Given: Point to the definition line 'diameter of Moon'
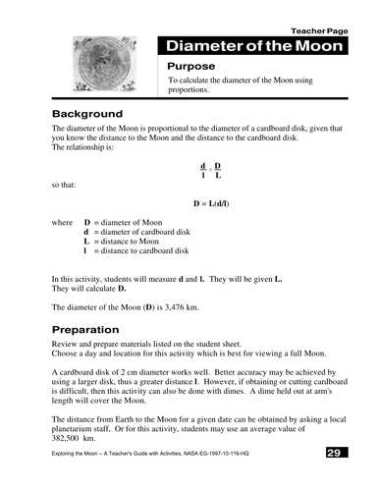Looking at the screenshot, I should (135, 223).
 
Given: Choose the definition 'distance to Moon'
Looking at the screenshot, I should (135, 242).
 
